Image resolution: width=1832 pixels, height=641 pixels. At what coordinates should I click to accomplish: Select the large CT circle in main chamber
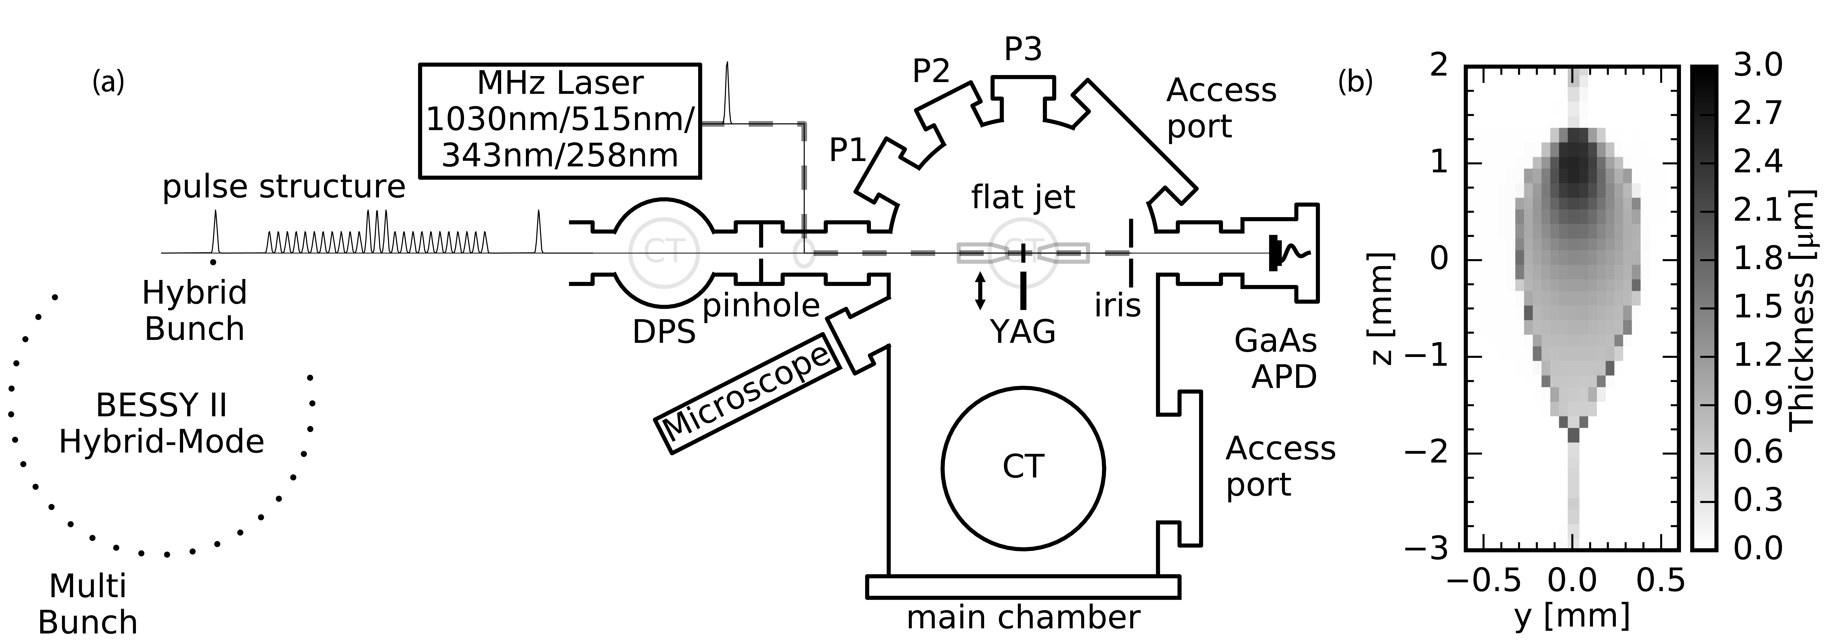point(1023,467)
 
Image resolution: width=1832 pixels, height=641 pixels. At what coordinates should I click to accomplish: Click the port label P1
point(848,150)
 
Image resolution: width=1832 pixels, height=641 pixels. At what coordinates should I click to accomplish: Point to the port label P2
point(931,71)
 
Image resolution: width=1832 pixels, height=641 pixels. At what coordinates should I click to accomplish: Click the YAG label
point(1023,331)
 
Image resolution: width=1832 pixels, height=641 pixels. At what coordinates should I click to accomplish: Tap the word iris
point(1117,305)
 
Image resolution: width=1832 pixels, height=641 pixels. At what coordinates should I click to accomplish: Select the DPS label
point(664,331)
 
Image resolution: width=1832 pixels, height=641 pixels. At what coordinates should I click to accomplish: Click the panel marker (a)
point(108,83)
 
